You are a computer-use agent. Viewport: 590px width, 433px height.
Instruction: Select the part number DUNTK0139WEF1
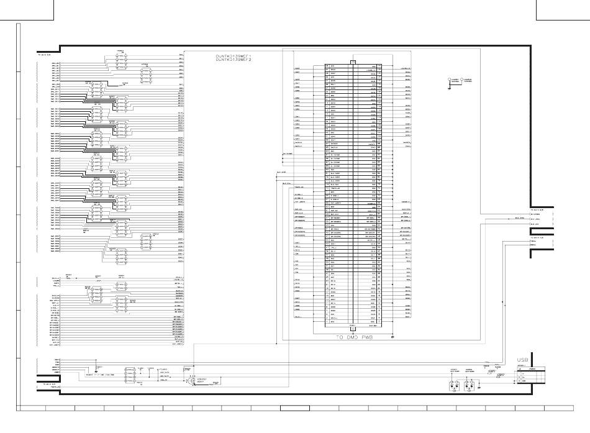(233, 56)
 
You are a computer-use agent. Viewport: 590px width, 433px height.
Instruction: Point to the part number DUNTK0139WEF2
(233, 60)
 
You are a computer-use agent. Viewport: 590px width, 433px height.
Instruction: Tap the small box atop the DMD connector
(353, 62)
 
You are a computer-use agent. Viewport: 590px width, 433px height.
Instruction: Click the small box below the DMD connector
(353, 327)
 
